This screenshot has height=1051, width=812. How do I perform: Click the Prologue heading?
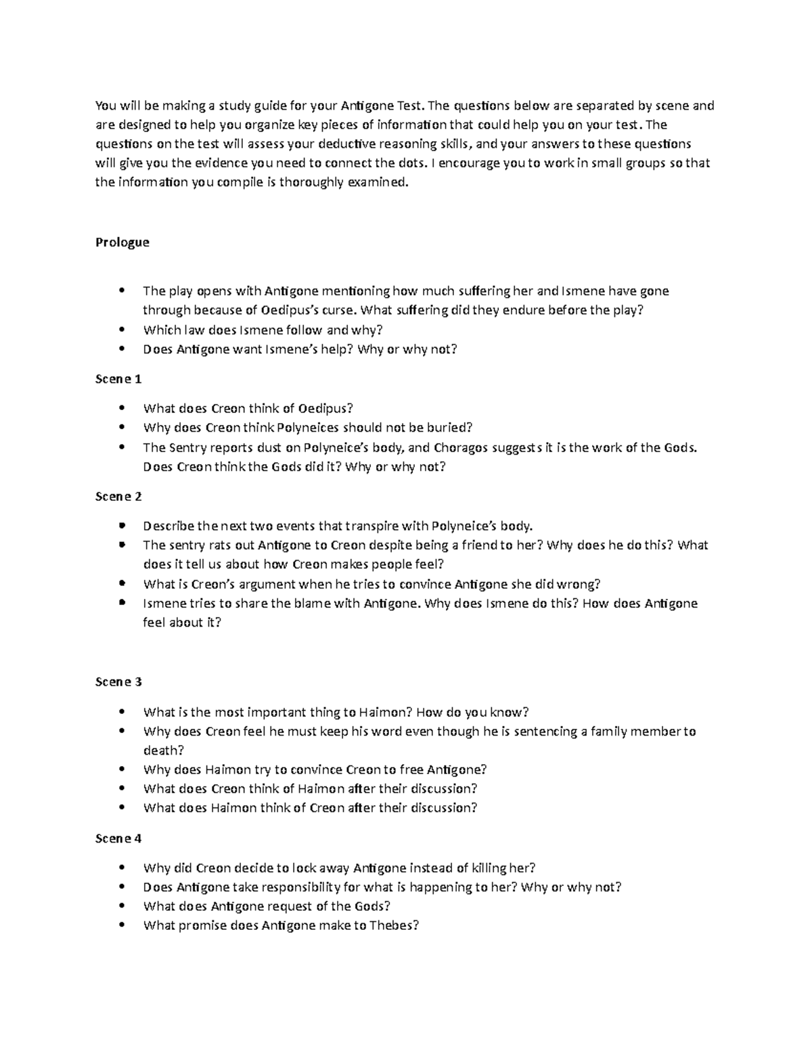tap(122, 242)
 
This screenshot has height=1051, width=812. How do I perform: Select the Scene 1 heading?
tap(118, 379)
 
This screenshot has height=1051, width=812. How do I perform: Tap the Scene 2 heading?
tap(118, 497)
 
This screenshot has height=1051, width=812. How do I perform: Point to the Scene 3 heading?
tap(118, 682)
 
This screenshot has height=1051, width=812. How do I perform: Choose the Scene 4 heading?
tap(118, 838)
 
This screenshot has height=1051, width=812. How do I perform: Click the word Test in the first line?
tap(409, 106)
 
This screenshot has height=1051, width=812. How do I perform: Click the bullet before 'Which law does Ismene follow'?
tap(122, 330)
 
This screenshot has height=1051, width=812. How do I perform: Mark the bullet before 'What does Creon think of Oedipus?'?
tap(122, 409)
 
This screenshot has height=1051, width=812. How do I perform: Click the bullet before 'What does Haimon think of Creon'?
tap(122, 808)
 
